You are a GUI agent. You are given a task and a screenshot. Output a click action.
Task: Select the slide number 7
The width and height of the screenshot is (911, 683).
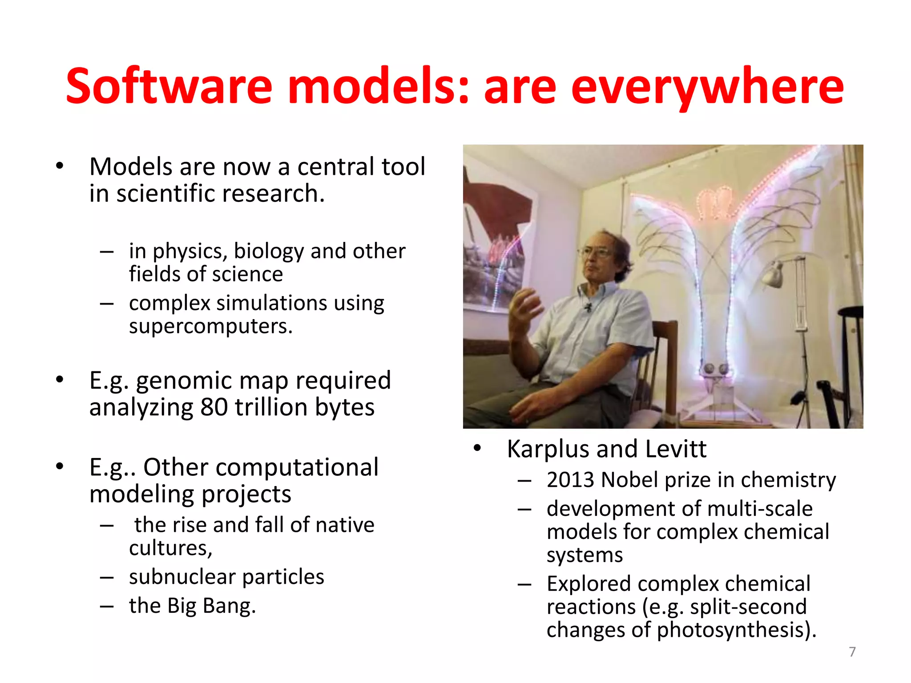(852, 652)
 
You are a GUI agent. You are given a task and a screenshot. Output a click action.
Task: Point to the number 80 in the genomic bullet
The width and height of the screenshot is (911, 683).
(214, 407)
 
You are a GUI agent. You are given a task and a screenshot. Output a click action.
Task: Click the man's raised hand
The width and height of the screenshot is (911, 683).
(525, 307)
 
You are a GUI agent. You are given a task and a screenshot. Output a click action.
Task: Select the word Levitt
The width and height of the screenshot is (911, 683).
(676, 449)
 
